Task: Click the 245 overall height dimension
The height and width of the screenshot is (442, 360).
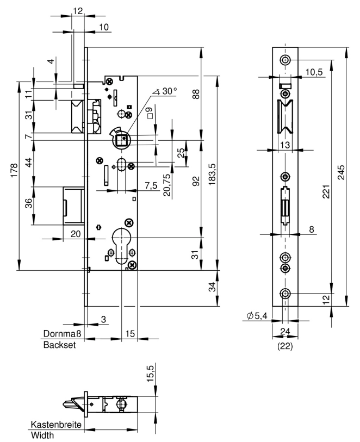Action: (341, 172)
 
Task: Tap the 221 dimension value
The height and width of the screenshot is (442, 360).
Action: (326, 192)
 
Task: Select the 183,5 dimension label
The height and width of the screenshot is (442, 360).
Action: (212, 174)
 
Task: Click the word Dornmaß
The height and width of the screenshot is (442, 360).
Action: (62, 333)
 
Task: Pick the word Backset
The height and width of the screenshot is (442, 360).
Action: (59, 345)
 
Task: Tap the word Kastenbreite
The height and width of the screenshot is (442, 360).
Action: (56, 424)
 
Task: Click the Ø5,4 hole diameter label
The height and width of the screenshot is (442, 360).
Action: (257, 316)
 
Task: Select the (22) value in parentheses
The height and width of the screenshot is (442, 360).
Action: (285, 346)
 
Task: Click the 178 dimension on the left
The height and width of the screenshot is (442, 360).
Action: (14, 170)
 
